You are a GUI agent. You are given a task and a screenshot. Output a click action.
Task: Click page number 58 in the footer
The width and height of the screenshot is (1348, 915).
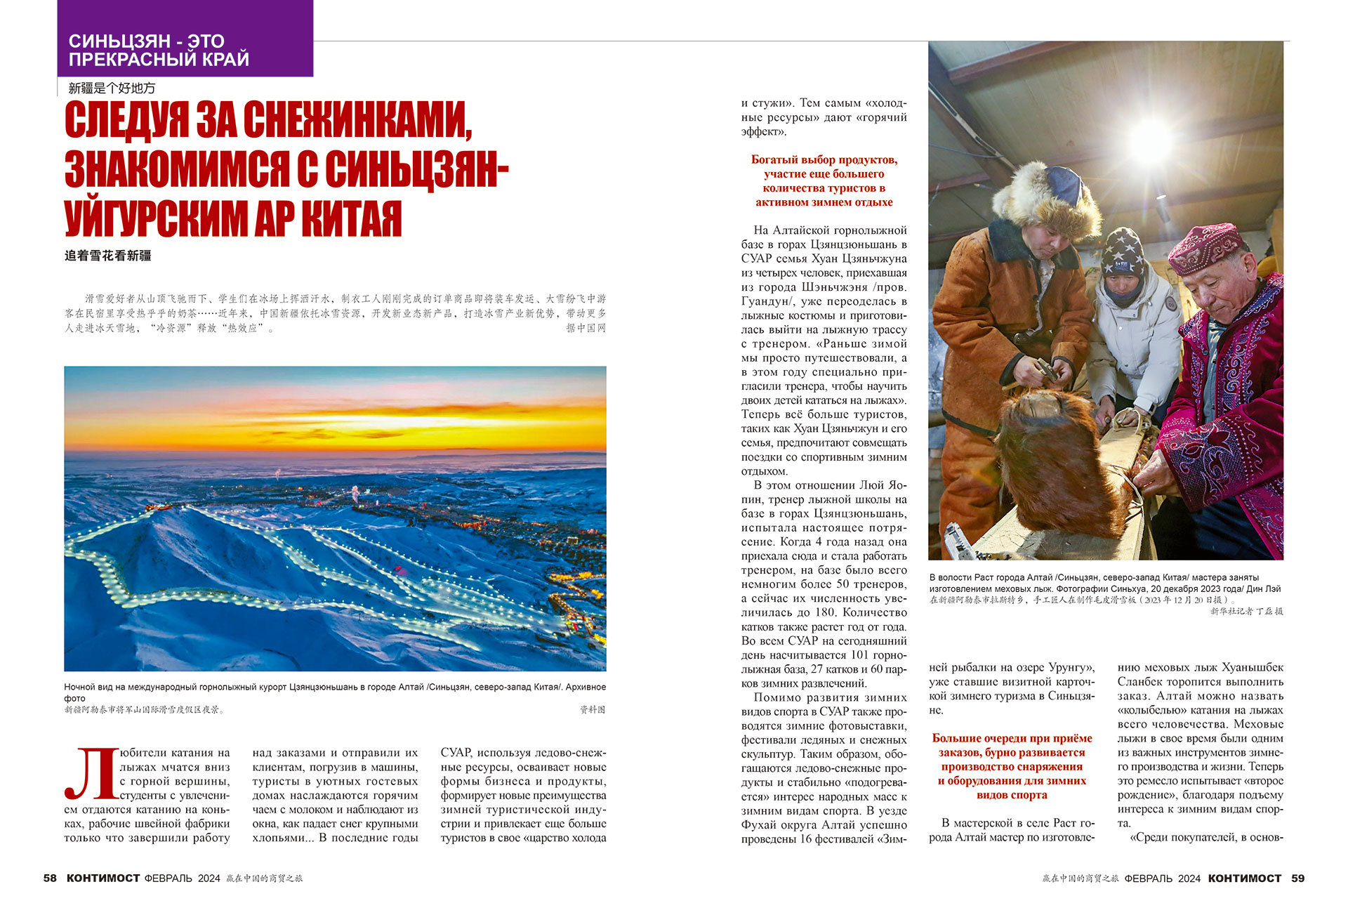coord(50,878)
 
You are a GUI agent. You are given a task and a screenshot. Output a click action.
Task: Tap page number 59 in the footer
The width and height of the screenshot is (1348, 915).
coord(1297,878)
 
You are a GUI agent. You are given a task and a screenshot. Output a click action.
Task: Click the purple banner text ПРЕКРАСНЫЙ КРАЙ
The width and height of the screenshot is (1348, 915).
coord(159,60)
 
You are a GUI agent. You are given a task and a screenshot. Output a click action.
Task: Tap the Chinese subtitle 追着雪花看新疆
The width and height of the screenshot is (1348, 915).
coord(108,256)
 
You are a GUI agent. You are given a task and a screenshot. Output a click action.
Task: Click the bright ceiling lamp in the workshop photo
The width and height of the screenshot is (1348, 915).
coord(1149,138)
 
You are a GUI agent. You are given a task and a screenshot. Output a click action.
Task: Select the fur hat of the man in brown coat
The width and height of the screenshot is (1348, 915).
coord(1046,197)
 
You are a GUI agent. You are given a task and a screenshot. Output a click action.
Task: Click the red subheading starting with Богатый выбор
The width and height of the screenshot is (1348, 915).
coord(824,180)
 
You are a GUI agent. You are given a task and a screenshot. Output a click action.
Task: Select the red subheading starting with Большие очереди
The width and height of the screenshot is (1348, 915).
coord(1012,766)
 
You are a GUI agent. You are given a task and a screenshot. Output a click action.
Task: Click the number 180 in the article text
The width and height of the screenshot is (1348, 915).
coord(825,612)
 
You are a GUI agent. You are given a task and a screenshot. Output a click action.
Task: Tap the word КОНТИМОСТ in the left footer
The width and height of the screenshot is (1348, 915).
coord(103,878)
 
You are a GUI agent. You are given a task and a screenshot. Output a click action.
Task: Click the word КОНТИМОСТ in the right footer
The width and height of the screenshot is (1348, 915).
coord(1245,878)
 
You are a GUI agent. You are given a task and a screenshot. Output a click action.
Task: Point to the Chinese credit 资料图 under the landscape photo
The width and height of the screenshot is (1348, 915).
coord(592,710)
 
